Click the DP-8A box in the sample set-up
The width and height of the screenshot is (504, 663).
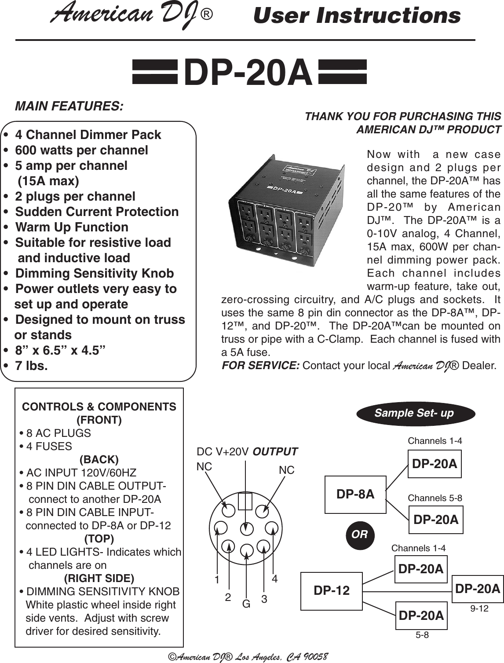[x=355, y=495]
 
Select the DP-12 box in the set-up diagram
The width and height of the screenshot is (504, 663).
[x=332, y=590]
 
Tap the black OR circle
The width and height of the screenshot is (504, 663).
[x=360, y=535]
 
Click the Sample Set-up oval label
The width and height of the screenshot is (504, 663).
[x=414, y=414]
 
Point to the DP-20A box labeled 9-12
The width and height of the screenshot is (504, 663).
[x=478, y=589]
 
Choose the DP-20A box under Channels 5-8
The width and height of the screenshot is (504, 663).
[x=436, y=520]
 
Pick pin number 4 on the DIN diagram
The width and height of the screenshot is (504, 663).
[x=274, y=579]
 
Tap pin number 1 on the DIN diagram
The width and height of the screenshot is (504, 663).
[x=217, y=580]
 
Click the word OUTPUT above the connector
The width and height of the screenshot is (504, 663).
[x=276, y=452]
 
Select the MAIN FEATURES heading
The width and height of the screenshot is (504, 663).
[x=69, y=106]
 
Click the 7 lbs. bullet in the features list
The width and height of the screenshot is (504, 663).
[x=32, y=366]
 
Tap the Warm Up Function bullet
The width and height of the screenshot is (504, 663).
[x=72, y=227]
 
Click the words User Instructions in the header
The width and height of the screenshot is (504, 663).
[x=357, y=16]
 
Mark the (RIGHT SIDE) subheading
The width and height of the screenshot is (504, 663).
[x=99, y=578]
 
